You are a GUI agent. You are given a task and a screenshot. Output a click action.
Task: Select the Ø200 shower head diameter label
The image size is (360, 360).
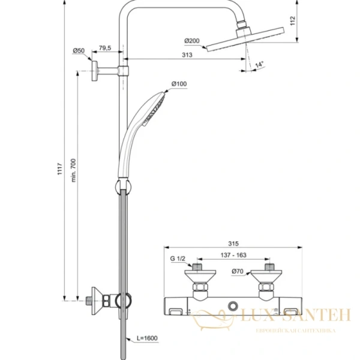coord(192,41)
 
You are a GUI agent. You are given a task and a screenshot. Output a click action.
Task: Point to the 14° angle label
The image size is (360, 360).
coord(260,64)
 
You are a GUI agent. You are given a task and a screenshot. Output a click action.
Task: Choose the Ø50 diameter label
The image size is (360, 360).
coord(78,51)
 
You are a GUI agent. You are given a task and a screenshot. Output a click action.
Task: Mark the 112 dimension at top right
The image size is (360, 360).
coord(309,22)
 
